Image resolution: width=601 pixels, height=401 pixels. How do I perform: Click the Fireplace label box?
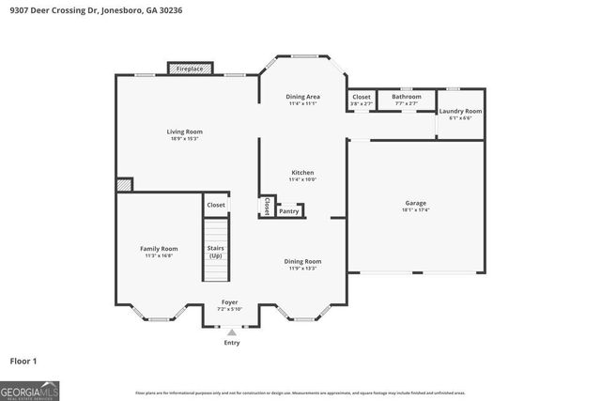(x=190, y=69)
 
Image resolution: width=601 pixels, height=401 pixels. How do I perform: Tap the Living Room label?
(x=184, y=131)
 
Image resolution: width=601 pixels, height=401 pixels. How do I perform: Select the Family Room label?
(x=159, y=249)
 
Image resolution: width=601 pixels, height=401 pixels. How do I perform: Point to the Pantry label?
(x=289, y=212)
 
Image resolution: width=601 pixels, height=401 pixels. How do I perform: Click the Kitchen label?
(x=302, y=173)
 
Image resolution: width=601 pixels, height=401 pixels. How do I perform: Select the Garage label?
(x=415, y=203)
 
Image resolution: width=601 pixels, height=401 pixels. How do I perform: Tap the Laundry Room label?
(x=460, y=112)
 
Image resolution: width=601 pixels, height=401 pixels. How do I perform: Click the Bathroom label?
(x=407, y=97)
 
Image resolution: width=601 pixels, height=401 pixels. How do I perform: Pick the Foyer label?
(x=230, y=302)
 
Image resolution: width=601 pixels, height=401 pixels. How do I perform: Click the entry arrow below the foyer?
(x=231, y=332)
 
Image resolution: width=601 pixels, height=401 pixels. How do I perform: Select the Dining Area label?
(x=302, y=97)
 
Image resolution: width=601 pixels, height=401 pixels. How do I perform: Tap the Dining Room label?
(x=303, y=261)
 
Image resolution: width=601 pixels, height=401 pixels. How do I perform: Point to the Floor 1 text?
(x=23, y=361)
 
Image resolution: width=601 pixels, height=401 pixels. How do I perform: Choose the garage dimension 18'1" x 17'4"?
(x=416, y=210)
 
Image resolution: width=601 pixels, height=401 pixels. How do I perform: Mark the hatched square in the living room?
(x=124, y=186)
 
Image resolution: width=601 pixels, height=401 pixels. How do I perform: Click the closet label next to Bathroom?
(x=362, y=97)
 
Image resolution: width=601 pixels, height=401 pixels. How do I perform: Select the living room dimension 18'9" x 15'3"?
(x=184, y=139)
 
